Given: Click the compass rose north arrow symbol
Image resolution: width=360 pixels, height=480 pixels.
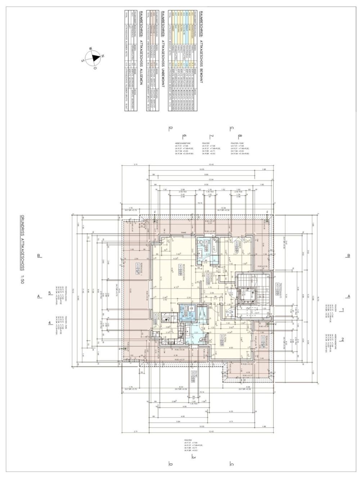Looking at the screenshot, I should click(x=95, y=58).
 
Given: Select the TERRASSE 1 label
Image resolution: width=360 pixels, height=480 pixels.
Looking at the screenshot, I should click(x=137, y=269).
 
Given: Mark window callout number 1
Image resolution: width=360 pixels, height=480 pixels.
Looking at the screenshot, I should click(x=343, y=309).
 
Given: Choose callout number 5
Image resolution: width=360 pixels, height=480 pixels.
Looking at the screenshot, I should click(x=50, y=293).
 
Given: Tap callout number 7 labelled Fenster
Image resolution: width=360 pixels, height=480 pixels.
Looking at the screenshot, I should click(x=211, y=136).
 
